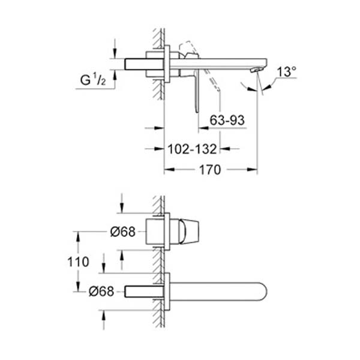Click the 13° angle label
click(287, 71)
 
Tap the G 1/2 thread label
click(93, 80)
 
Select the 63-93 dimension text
click(227, 120)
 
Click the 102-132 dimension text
click(192, 149)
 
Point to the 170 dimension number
click(210, 170)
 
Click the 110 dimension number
click(78, 262)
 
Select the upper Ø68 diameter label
click(123, 232)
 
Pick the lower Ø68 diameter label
click(101, 292)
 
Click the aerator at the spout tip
click(257, 70)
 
